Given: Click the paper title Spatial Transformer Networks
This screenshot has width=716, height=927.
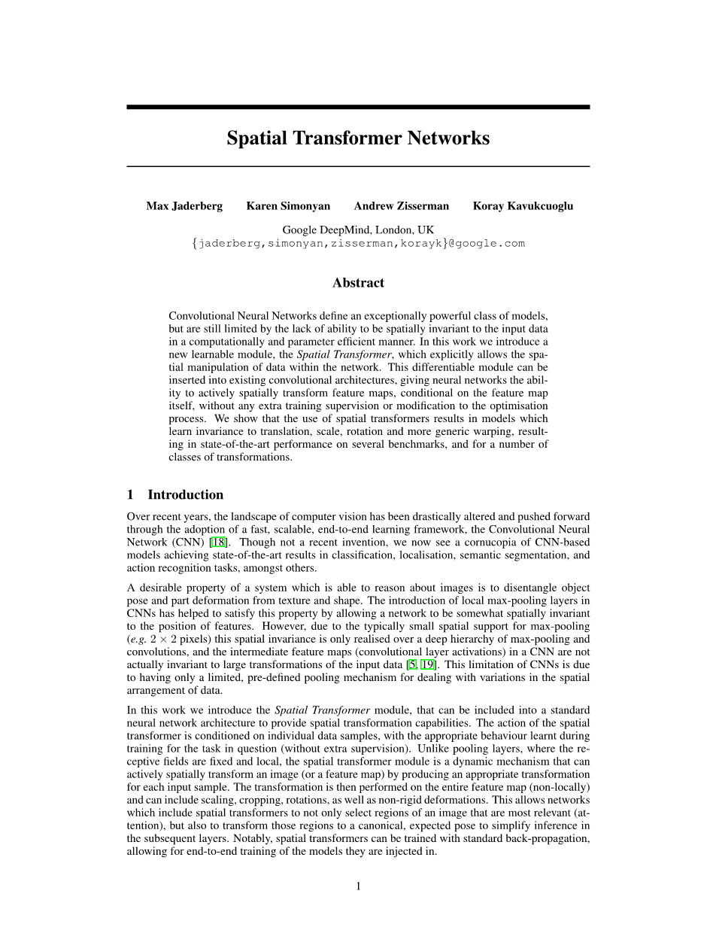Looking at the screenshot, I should [358, 139].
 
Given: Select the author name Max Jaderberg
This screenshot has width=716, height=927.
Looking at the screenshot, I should [184, 206].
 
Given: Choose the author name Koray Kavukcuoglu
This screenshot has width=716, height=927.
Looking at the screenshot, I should [523, 206].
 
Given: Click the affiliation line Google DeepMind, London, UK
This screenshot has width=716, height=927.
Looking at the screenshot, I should [358, 229].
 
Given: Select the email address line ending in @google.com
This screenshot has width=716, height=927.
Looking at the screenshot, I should [358, 243].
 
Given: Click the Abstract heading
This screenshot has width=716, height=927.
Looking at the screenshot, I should [358, 283].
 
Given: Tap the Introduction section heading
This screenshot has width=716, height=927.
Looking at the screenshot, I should [185, 494].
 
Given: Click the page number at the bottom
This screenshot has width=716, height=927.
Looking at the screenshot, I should [358, 886].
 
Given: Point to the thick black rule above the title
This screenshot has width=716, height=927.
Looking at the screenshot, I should [358, 108].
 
